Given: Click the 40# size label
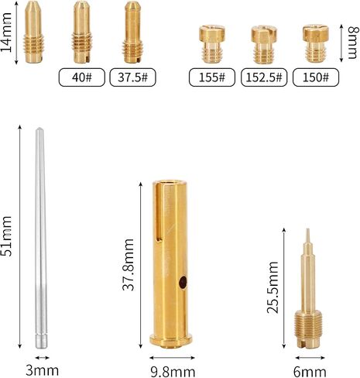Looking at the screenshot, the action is tap(82, 77).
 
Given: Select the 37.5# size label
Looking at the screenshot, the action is tap(132, 77).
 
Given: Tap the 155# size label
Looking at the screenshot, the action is tap(212, 77).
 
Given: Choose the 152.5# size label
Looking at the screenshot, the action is tap(264, 77).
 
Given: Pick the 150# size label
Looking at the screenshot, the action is tap(316, 77).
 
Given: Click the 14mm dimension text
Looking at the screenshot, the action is tap(6, 33).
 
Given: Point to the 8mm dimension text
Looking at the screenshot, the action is tap(353, 43).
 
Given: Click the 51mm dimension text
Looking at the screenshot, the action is tap(6, 236).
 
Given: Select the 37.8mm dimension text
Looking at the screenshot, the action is tap(129, 265).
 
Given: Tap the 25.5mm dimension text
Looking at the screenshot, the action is tap(273, 287).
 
